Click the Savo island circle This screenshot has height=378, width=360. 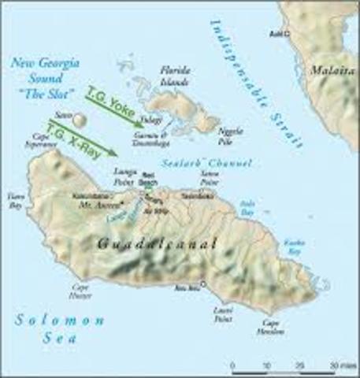click(x=82, y=120)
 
